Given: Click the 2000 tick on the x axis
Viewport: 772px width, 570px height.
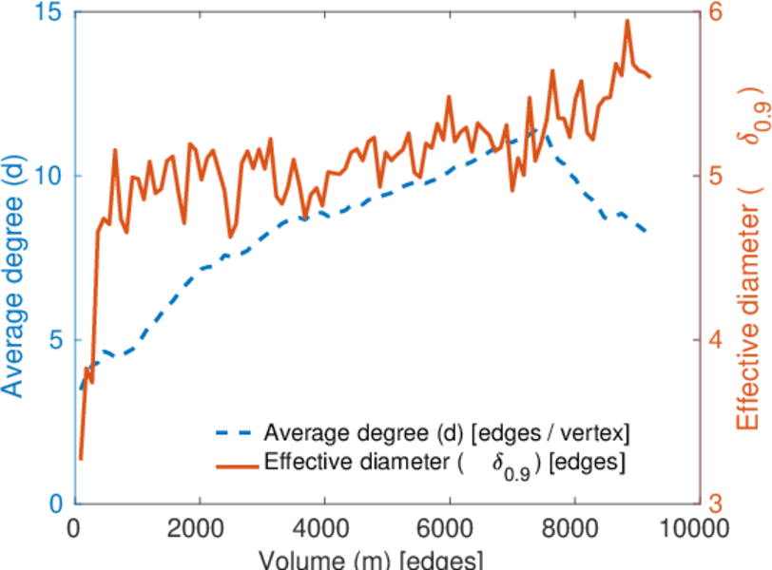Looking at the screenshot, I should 200,528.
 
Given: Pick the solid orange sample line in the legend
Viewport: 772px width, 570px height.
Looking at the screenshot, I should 235,464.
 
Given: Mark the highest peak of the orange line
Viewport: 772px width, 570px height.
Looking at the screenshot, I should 627,20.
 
